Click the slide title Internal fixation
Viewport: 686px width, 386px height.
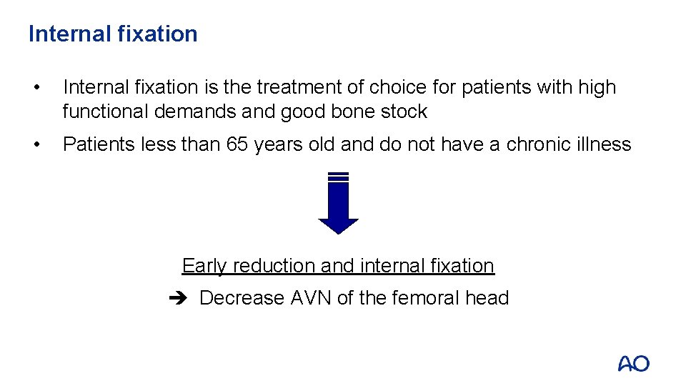pos(113,34)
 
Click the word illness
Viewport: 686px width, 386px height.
pos(605,144)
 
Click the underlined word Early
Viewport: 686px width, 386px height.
pos(204,266)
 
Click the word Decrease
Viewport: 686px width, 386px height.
pos(242,298)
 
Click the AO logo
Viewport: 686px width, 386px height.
pos(634,364)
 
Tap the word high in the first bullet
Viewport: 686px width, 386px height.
pos(597,87)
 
